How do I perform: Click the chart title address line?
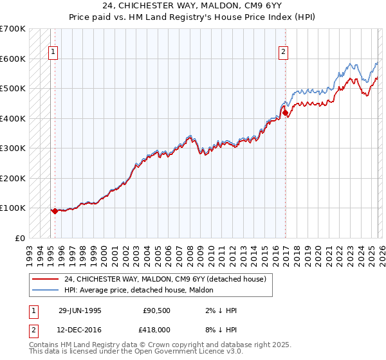(193, 5)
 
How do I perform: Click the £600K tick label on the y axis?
(13, 59)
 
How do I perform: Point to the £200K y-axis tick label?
(13, 178)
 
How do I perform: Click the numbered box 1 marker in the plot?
(53, 53)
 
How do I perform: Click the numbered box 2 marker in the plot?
(283, 53)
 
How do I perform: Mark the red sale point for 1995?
(55, 210)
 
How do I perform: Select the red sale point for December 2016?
(286, 113)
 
